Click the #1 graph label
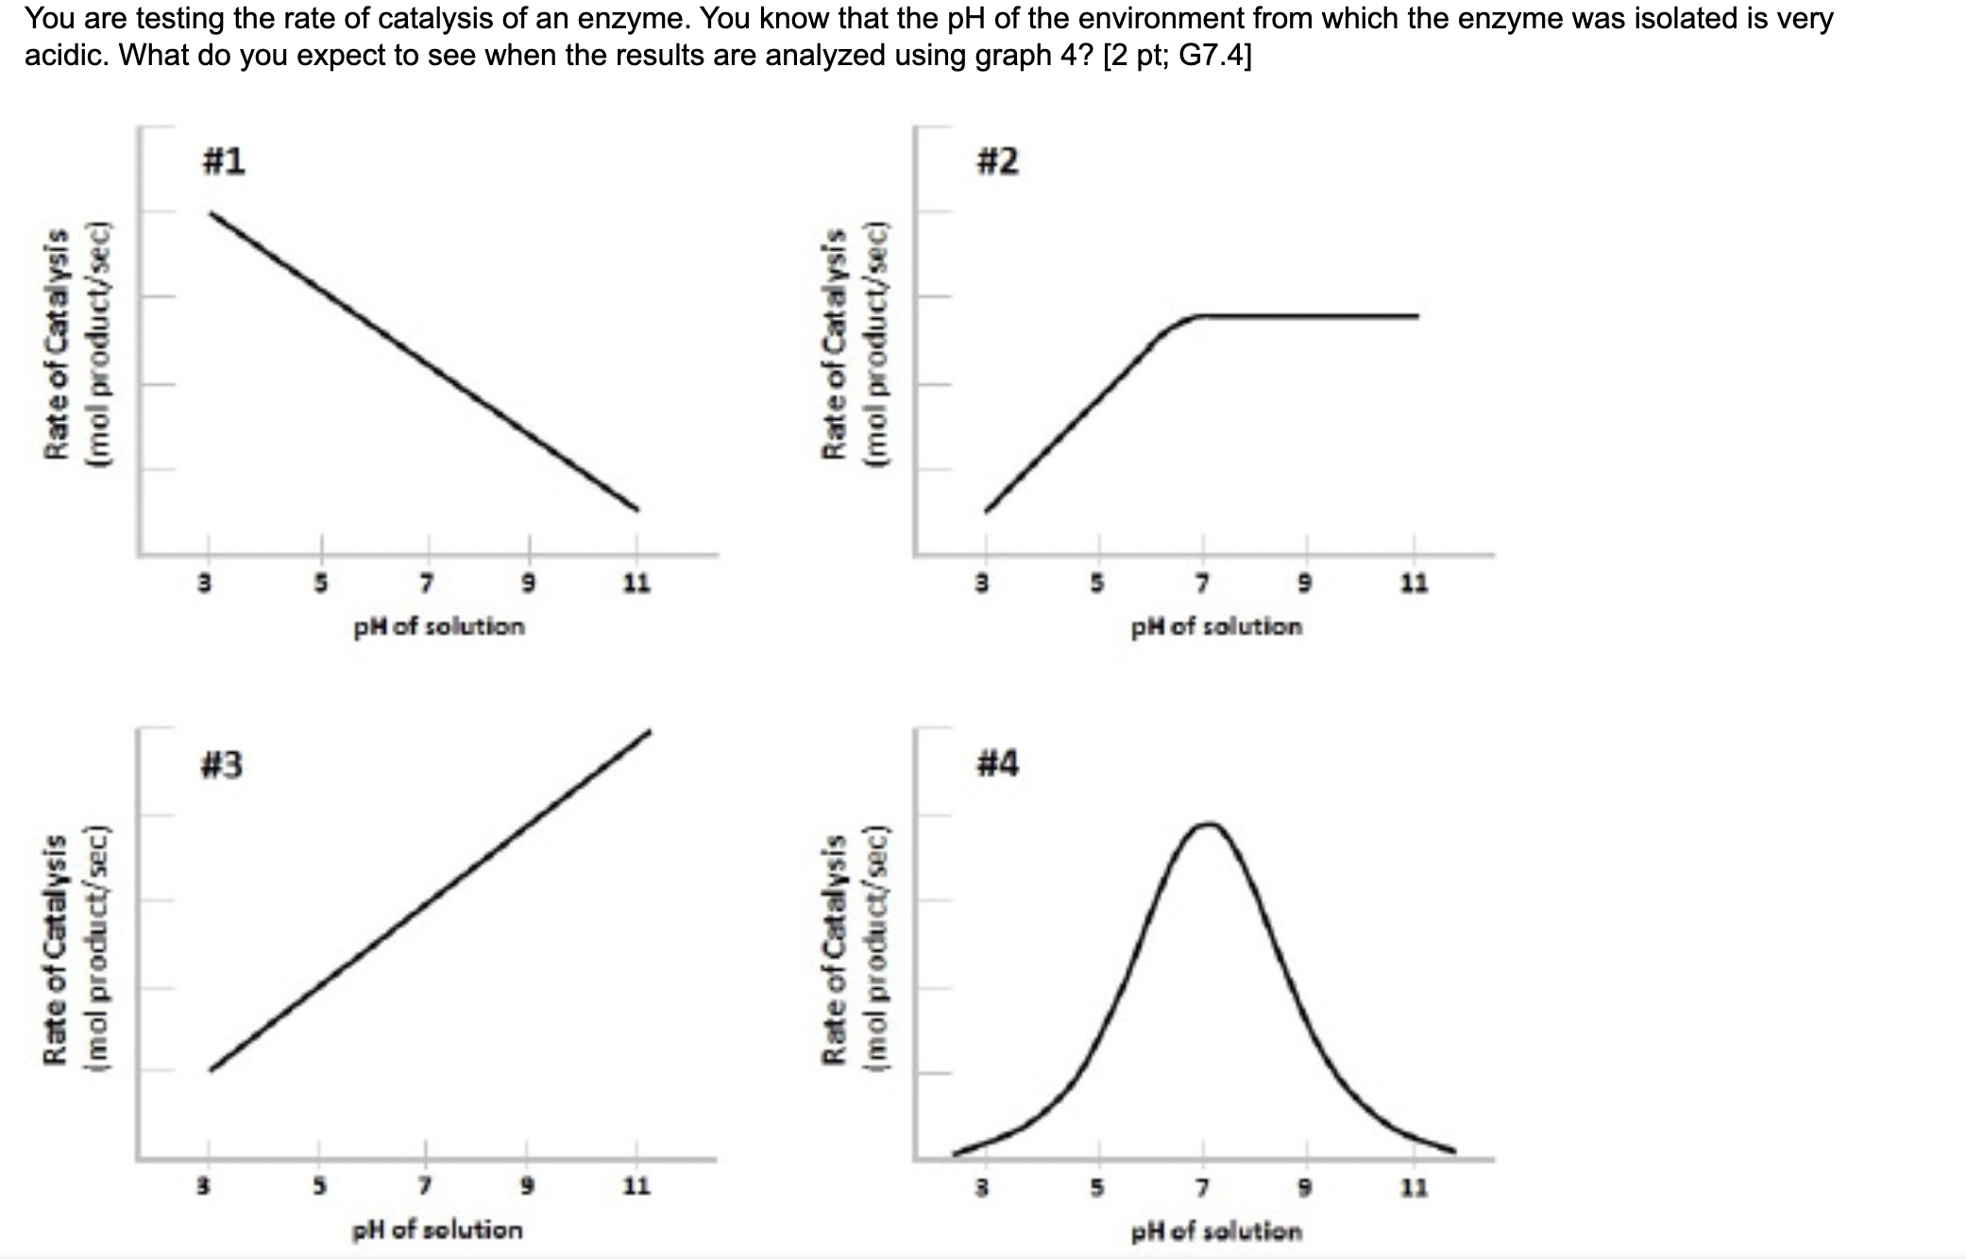224,161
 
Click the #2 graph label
997,161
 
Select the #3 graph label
222,764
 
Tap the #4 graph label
997,763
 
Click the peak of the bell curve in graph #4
1209,824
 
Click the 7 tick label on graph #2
1202,584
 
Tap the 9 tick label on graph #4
1307,1186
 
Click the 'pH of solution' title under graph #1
439,627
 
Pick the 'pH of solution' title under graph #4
1216,1231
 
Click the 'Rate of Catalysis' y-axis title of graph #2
835,344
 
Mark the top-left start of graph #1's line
212,214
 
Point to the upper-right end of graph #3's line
649,732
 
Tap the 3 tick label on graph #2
982,584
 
